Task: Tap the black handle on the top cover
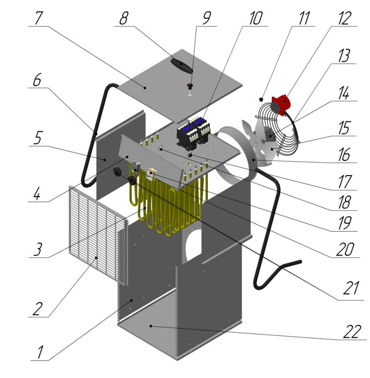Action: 181,66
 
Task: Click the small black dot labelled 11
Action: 261,99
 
